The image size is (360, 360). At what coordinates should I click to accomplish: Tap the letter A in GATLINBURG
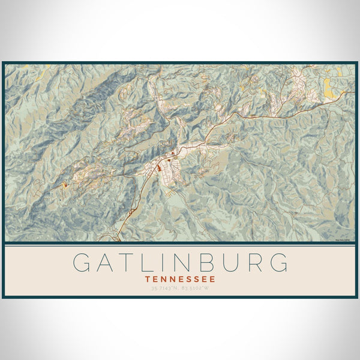pos(106,263)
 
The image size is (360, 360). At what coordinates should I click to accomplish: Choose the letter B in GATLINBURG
pos(207,263)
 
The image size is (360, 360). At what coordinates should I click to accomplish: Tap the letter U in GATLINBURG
pos(230,263)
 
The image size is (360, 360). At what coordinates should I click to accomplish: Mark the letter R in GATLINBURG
pos(253,263)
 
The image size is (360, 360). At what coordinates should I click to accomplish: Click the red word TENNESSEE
pos(180,279)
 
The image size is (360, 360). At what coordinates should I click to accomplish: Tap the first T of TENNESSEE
pos(148,279)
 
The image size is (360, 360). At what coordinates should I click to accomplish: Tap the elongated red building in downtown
pos(159,168)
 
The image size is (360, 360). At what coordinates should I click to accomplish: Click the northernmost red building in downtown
pos(173,153)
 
